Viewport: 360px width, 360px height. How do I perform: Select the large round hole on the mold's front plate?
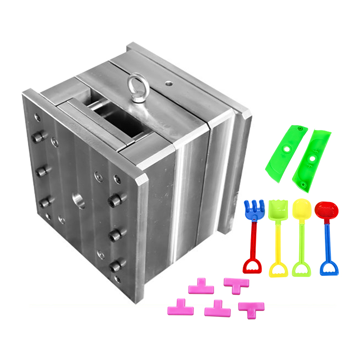coord(79,201)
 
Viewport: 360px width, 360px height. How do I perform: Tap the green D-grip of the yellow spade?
coord(301,270)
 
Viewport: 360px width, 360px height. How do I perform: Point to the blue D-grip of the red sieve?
coord(329,269)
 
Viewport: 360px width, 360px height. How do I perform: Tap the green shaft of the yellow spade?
coord(300,241)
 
